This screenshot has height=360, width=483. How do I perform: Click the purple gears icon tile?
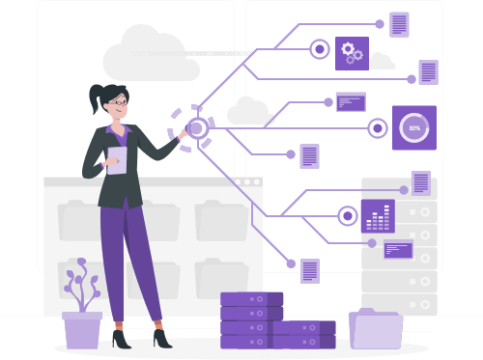(x=352, y=53)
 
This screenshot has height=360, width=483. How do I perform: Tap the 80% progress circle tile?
(x=414, y=127)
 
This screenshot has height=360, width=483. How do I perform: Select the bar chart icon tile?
(x=378, y=216)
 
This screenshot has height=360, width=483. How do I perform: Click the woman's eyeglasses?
(x=119, y=102)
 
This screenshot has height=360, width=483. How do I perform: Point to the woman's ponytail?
(x=97, y=97)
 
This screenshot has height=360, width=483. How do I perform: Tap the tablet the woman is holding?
(x=117, y=160)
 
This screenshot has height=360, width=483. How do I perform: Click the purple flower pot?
(x=82, y=330)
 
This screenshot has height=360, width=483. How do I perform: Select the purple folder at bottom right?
(x=376, y=329)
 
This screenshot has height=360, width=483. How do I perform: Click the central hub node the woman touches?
(x=197, y=128)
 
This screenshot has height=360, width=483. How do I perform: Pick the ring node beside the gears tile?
(x=320, y=49)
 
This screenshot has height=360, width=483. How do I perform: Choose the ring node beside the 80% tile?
(x=378, y=128)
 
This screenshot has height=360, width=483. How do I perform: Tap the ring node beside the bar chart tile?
(x=348, y=216)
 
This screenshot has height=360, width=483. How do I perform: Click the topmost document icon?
(x=399, y=24)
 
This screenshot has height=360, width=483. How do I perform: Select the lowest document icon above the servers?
(x=310, y=271)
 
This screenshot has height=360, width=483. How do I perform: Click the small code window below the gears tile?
(x=351, y=102)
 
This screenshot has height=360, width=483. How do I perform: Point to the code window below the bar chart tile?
(x=398, y=249)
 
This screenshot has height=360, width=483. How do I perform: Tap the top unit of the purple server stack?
(x=252, y=299)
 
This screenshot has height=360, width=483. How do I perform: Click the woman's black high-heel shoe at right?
(x=162, y=339)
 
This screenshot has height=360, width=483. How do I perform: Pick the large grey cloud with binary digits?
(x=152, y=53)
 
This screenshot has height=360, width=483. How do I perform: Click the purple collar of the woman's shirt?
(x=119, y=132)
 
